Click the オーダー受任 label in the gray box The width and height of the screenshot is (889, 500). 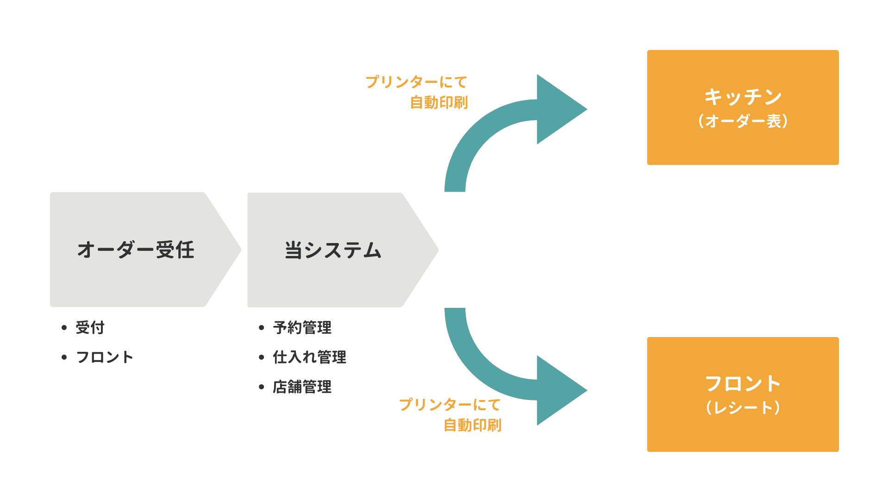136,250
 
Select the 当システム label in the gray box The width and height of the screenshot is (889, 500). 333,250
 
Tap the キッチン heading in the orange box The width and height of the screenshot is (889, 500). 743,97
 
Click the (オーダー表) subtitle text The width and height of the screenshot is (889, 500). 743,121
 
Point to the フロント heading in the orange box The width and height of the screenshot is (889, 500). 743,384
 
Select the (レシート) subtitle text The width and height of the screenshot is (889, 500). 743,408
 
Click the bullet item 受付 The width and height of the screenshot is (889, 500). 90,328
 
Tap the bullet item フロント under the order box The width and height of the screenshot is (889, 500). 105,357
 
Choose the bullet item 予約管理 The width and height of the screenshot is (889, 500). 302,328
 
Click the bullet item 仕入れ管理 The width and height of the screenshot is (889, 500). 310,357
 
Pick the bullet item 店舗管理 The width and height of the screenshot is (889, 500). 302,387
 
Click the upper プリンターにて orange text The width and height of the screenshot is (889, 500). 416,82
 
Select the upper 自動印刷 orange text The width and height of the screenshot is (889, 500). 439,102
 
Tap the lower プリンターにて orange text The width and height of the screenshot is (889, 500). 450,405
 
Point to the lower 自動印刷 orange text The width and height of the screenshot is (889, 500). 472,425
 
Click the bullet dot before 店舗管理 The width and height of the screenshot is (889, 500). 262,387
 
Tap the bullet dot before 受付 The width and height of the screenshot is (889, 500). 64,328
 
